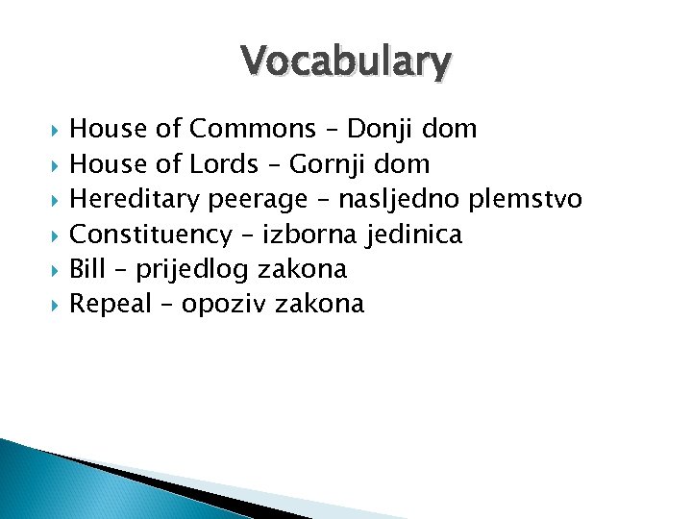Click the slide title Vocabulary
[x=346, y=62]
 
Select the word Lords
[x=225, y=164]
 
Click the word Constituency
[x=152, y=235]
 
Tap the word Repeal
[x=111, y=305]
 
